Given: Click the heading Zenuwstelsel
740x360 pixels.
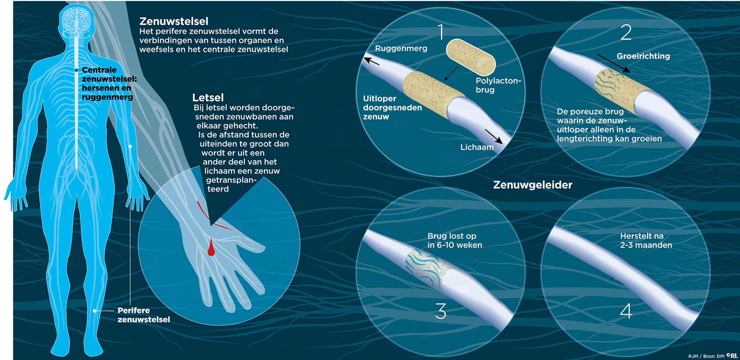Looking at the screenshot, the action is point(173,21).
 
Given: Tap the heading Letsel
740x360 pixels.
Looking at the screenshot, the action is point(208,98).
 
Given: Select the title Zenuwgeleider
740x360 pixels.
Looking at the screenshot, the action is point(533,185).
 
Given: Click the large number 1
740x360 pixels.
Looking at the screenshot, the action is point(441,32).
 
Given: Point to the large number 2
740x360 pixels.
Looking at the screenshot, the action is point(626,32).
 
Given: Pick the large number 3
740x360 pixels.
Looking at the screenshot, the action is point(441,311).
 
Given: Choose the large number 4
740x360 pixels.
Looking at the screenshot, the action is point(626,311).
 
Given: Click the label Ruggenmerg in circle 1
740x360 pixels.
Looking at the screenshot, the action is point(401,49).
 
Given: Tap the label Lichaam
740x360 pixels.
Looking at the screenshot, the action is point(477,147).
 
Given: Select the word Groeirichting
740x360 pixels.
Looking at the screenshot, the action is point(643,56).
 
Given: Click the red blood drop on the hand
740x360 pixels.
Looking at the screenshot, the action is point(211,249).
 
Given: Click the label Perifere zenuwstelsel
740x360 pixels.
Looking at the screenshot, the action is point(143,315).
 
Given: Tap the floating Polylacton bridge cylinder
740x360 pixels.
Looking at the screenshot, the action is point(471,57).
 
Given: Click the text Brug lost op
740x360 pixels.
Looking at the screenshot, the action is point(452,236).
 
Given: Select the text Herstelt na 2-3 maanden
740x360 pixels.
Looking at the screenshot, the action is point(646,241).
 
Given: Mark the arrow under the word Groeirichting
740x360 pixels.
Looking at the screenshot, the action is point(614,63).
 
